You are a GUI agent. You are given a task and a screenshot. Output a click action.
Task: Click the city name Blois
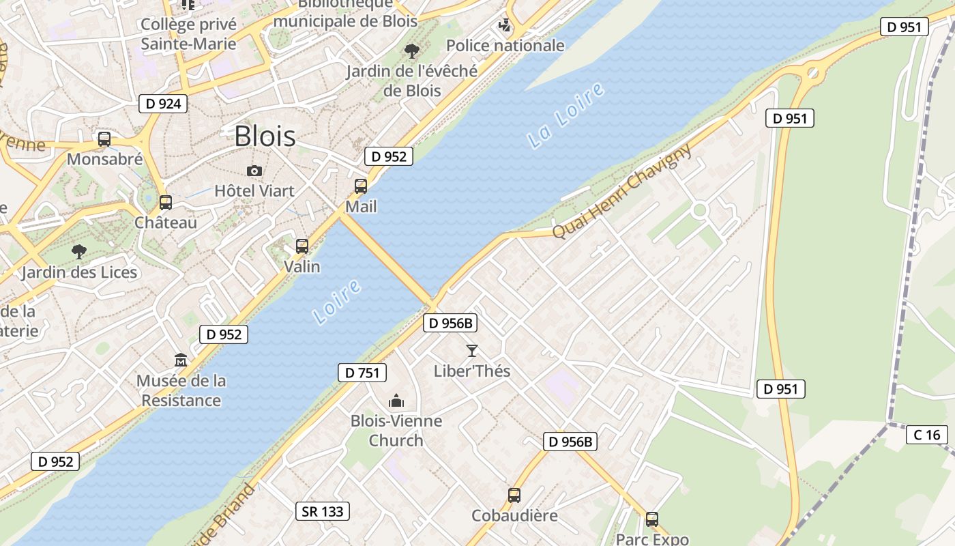265,136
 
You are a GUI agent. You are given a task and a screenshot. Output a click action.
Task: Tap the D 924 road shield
163,104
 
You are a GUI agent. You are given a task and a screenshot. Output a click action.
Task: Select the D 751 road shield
362,373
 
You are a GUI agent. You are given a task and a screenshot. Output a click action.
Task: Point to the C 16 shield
927,435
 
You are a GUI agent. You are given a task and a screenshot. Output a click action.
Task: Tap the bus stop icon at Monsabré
104,139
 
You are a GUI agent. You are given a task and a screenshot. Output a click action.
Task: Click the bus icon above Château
166,203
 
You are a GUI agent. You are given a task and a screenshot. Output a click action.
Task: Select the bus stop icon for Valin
302,246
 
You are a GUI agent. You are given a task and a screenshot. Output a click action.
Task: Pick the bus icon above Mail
361,186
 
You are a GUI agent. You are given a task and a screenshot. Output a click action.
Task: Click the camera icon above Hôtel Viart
254,171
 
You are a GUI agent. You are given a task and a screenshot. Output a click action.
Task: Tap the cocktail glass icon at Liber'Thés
471,351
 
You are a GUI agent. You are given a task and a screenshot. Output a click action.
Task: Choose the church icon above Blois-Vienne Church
396,401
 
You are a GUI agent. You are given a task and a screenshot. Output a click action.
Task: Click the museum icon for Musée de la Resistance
181,360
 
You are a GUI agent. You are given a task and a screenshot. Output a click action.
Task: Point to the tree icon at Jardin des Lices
79,252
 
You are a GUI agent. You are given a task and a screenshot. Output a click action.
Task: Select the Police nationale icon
505,26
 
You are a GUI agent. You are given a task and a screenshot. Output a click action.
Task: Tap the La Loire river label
566,115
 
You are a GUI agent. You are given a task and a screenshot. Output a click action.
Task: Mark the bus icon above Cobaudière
514,495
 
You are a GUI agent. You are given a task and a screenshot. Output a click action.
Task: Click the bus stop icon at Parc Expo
652,519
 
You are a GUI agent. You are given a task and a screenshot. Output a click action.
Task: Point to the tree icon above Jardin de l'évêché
411,51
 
